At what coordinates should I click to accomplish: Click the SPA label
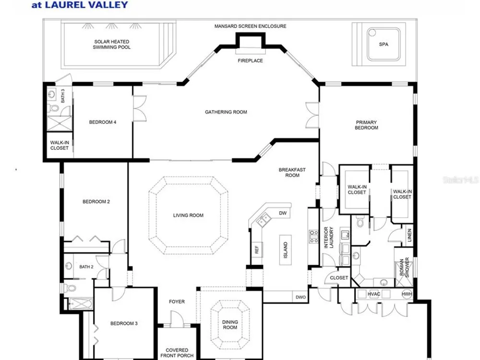coord(384,44)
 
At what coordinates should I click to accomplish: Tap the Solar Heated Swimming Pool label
coord(112,44)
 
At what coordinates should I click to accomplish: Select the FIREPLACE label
coord(251,60)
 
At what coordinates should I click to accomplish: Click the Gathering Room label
coord(226,112)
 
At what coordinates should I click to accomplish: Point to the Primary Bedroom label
coord(366,125)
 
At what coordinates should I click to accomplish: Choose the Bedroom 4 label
coord(103,122)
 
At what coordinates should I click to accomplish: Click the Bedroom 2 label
coord(96,202)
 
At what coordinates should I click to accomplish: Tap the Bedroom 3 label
coord(124,323)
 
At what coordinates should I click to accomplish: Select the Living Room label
coord(188,216)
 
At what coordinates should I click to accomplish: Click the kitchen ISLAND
coord(285,250)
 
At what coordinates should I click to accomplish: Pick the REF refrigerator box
coord(256,250)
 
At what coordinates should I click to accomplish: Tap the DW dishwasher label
coord(283,213)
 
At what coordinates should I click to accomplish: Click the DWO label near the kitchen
coord(300,297)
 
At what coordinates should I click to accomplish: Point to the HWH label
coord(407,294)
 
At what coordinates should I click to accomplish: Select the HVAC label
coord(374,294)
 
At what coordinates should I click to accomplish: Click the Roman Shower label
coord(404,267)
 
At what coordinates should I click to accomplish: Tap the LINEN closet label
coord(409,235)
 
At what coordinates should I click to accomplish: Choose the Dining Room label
coord(230,324)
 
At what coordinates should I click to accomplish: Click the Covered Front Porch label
coord(177,353)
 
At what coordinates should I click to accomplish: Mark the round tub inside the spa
coord(372,33)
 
